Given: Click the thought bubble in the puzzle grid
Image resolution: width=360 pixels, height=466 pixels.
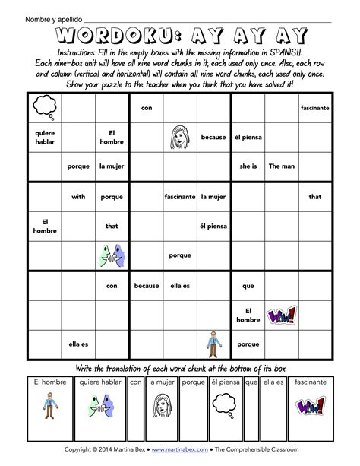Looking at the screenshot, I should [x=44, y=108].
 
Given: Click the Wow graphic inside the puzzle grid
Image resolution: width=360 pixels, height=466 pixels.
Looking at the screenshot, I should [x=282, y=315].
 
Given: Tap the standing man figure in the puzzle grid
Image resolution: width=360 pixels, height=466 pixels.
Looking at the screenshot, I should [x=213, y=344].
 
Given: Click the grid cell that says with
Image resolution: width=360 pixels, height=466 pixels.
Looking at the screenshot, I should [x=78, y=196].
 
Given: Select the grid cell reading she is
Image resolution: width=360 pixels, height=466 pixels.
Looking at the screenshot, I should [x=248, y=166].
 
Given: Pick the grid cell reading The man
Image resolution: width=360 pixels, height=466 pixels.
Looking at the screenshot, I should [x=283, y=166].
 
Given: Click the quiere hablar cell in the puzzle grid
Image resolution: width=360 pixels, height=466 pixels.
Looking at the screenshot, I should [x=44, y=137].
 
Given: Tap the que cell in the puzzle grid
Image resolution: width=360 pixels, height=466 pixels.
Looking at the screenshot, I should [x=248, y=286].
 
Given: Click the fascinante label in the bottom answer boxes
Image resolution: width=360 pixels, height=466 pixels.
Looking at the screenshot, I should [x=310, y=382].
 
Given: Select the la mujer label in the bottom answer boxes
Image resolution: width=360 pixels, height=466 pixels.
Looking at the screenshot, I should [x=162, y=382].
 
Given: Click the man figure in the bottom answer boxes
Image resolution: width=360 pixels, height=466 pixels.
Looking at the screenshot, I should [x=49, y=405].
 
